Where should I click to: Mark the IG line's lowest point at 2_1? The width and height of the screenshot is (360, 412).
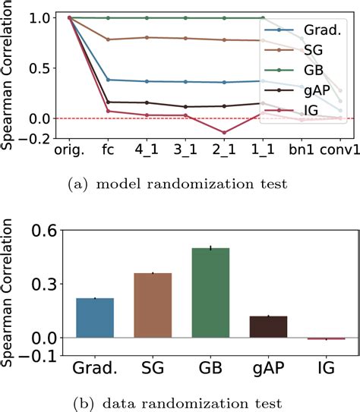(223, 133)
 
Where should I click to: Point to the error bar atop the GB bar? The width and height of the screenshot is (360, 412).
(210, 247)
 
